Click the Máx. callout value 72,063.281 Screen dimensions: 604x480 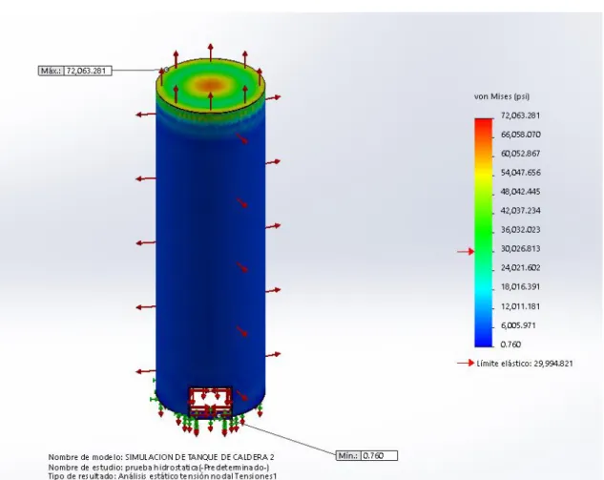86,71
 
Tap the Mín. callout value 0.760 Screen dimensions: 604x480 373,456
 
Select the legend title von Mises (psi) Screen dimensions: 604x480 502,96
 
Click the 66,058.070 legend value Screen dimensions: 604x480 521,135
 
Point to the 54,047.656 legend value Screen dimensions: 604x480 521,173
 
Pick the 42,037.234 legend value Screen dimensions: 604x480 521,211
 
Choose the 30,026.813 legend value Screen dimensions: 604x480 521,249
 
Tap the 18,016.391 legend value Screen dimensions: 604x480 521,287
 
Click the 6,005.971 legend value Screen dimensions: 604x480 518,325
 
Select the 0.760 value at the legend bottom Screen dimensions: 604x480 510,344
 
